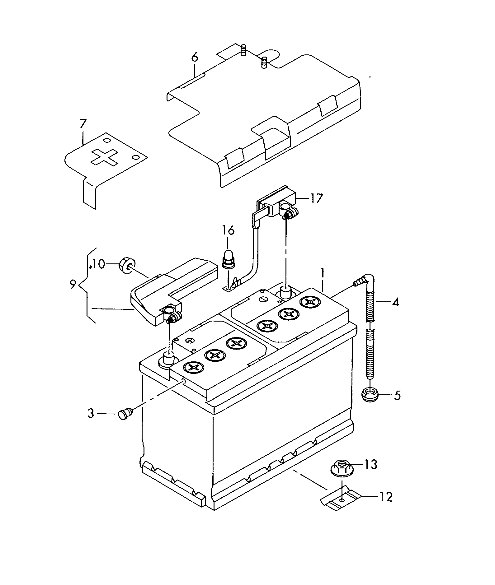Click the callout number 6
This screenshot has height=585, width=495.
[194, 58]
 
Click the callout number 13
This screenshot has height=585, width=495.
[370, 465]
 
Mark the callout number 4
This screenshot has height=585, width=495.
[395, 302]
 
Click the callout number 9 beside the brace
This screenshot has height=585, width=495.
[73, 284]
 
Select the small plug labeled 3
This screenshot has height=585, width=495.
[126, 414]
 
